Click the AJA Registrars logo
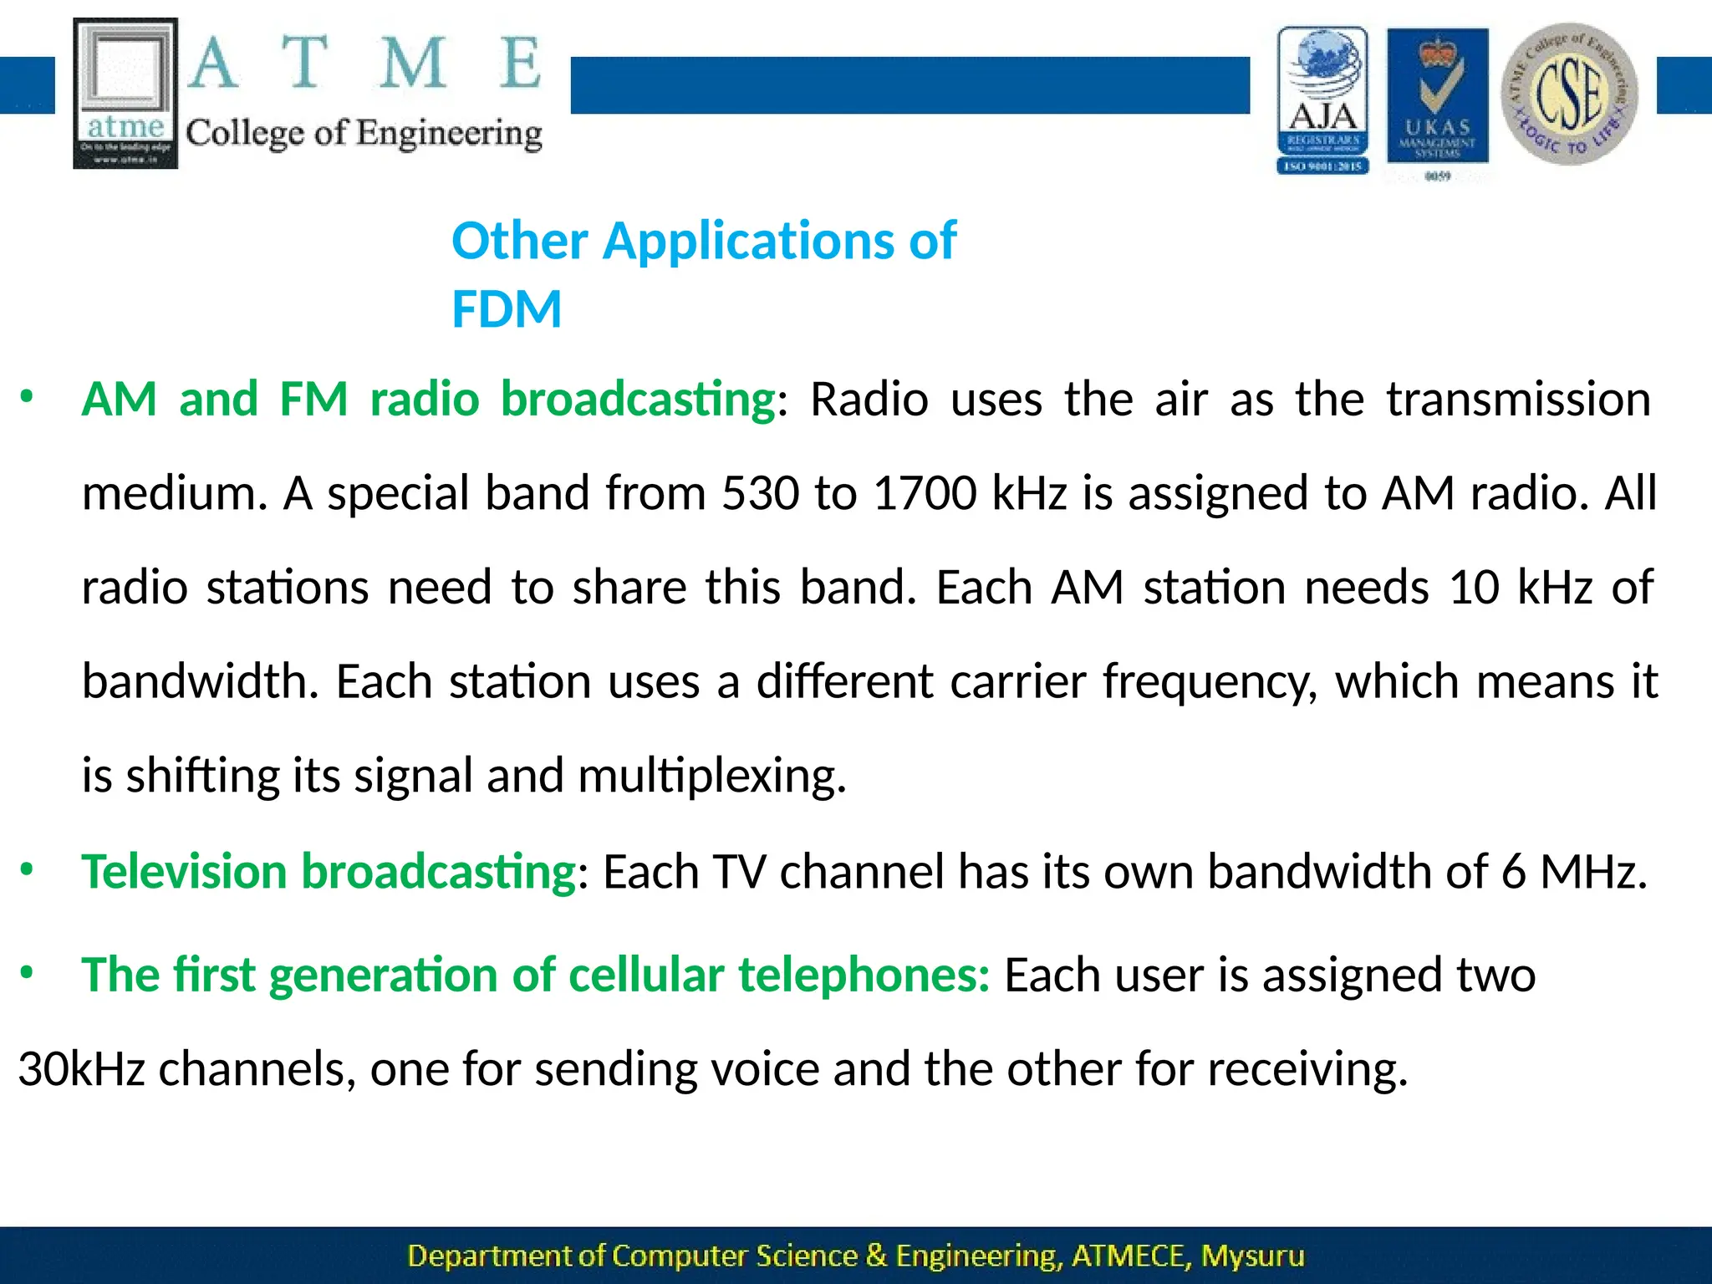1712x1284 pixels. tap(1322, 100)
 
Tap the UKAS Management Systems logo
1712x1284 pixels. tap(1438, 99)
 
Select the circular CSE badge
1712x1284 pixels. tap(1569, 94)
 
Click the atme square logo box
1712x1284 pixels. tap(125, 94)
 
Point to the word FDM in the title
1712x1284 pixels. tap(507, 308)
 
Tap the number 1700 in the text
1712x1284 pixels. tap(925, 493)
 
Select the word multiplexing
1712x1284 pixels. tap(711, 776)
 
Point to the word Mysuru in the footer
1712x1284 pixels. tap(1252, 1256)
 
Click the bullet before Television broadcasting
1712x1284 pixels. tap(27, 870)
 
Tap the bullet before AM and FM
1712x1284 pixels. tap(27, 398)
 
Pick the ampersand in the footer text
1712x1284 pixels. tap(876, 1256)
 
